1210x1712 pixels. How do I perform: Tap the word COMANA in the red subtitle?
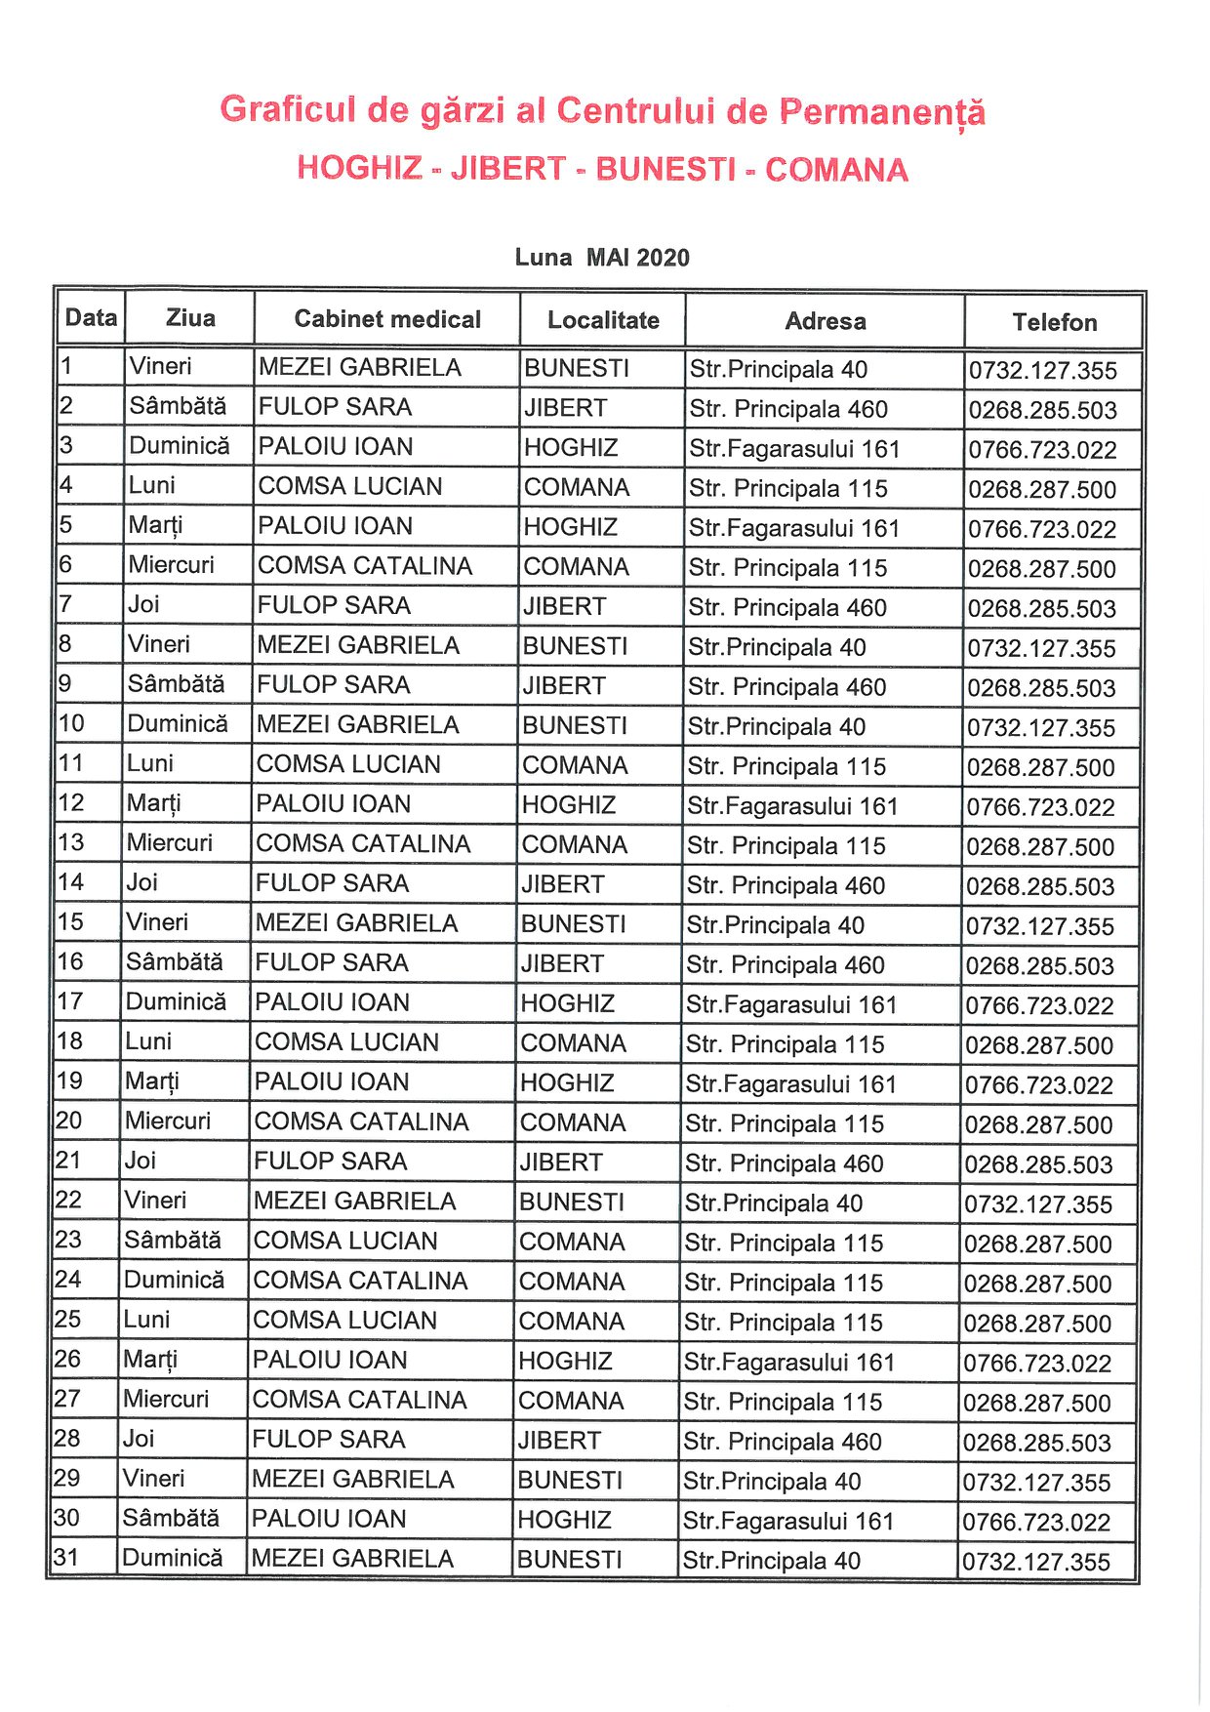[x=836, y=170]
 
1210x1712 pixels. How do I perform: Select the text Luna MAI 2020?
[x=602, y=258]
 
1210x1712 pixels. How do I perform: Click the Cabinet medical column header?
[x=387, y=319]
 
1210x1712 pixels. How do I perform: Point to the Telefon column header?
[x=1054, y=322]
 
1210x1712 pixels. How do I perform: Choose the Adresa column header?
[x=826, y=321]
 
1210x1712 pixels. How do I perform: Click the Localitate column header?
[x=603, y=320]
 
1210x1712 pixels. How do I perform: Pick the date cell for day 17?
[x=70, y=1001]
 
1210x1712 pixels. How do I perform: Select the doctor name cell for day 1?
[x=359, y=368]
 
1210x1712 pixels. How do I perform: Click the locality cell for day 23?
[x=572, y=1242]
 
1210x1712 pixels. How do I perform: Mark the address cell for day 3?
[x=794, y=449]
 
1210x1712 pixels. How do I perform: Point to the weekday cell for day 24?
[x=174, y=1280]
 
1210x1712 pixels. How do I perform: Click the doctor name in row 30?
[x=329, y=1519]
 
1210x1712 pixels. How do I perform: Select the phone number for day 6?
[x=1042, y=569]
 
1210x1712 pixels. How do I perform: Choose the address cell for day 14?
[x=786, y=885]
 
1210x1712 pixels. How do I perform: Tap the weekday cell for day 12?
[x=154, y=803]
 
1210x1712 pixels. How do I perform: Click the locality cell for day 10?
[x=575, y=725]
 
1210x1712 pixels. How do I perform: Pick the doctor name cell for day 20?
[x=361, y=1122]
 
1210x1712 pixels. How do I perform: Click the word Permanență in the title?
[x=881, y=111]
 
